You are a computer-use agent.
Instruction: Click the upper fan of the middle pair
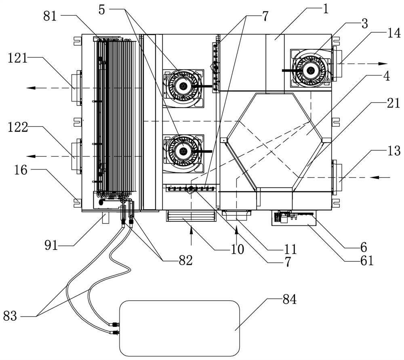pyautogui.click(x=183, y=86)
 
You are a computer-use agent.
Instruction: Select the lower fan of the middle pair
pyautogui.click(x=183, y=151)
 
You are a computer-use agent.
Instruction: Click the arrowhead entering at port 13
pyautogui.click(x=374, y=177)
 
